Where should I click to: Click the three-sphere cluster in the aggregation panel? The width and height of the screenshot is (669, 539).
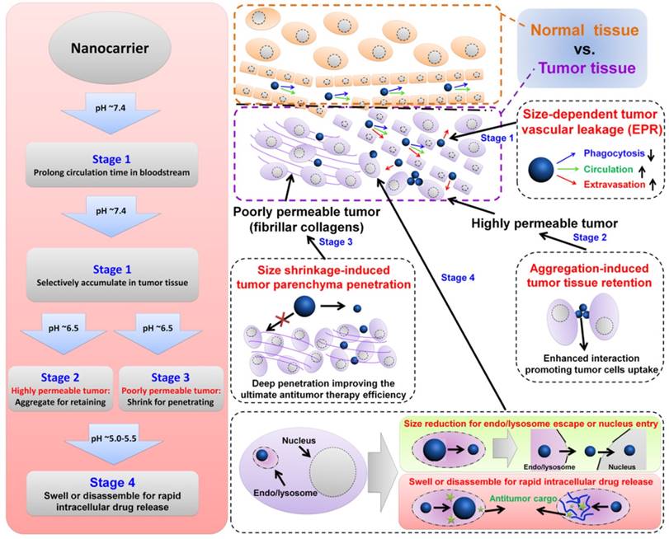[x=582, y=312]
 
